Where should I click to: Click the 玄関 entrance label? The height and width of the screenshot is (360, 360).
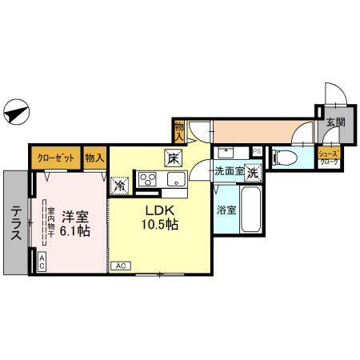click(x=335, y=122)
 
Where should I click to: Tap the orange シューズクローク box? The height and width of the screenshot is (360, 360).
click(x=329, y=156)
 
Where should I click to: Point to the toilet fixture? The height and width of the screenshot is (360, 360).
click(x=285, y=155)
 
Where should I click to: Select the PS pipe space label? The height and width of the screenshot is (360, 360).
click(x=257, y=150)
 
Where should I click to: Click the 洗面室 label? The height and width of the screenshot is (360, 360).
click(x=227, y=170)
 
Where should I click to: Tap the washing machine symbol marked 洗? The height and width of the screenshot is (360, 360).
click(x=252, y=170)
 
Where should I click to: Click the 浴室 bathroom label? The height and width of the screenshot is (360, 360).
click(x=226, y=210)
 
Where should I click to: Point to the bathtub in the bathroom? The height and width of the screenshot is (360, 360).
click(x=249, y=209)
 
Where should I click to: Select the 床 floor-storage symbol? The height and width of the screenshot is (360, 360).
click(x=172, y=157)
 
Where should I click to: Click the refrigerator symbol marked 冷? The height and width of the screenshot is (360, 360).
click(x=120, y=184)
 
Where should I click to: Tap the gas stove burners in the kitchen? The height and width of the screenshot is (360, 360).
click(x=149, y=178)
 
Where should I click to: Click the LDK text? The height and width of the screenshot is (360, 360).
click(x=158, y=211)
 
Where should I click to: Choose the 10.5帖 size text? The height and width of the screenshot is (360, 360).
click(x=160, y=225)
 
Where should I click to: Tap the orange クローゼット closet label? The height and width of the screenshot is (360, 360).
click(x=56, y=158)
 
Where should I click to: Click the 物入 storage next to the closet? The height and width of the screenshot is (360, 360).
click(x=95, y=158)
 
